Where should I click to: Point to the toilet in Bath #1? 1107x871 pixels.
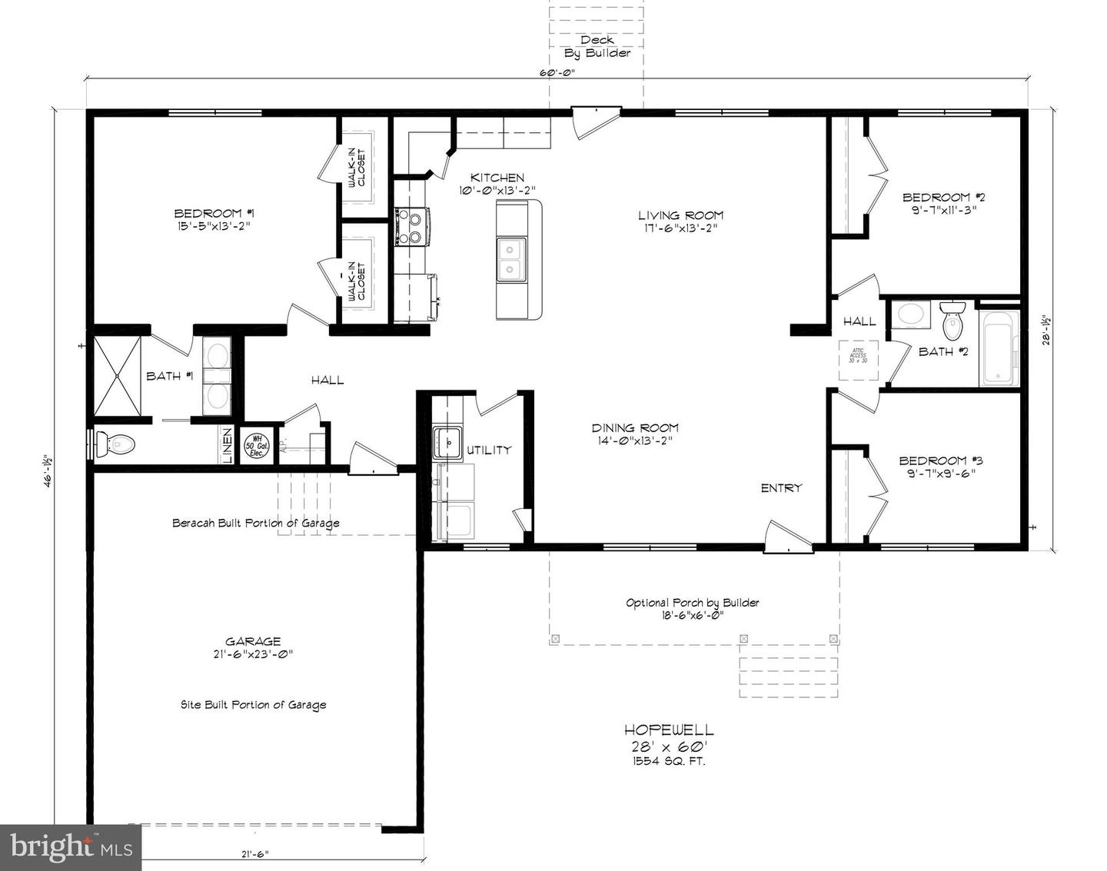[x=116, y=444]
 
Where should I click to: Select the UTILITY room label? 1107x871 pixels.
[x=489, y=450]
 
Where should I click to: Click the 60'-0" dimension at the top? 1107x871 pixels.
[x=557, y=73]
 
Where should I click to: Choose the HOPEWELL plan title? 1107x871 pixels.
[x=668, y=730]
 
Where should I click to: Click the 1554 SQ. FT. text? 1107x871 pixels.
[x=668, y=761]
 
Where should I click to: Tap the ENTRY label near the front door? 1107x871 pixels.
[x=781, y=487]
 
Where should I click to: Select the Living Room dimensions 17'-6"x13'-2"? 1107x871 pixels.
[x=682, y=228]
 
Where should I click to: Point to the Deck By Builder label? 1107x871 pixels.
[x=597, y=46]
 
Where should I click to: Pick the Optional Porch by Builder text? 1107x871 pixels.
[x=692, y=603]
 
